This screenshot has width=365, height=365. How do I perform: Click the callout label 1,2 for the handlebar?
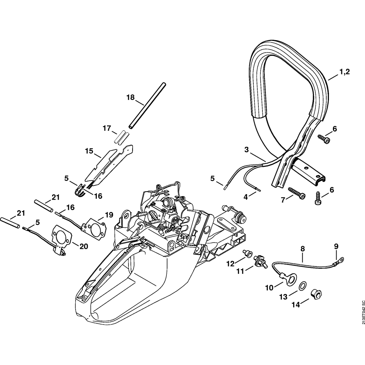(x=344, y=72)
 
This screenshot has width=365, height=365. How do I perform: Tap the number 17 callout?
(x=107, y=128)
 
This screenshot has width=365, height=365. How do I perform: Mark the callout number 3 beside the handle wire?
(x=246, y=150)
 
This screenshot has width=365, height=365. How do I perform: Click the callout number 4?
(x=246, y=197)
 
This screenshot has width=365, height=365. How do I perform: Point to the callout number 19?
(x=109, y=215)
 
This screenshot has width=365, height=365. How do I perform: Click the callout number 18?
(x=130, y=97)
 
